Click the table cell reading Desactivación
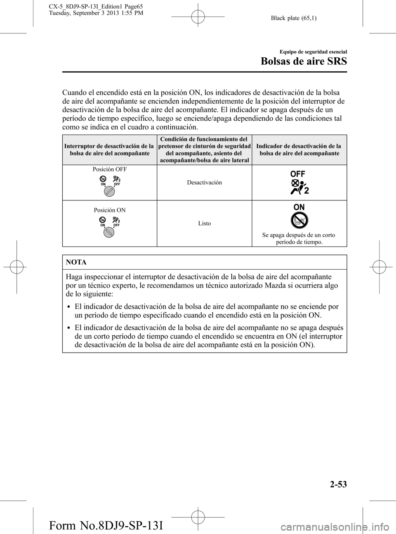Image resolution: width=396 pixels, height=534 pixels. click(204, 182)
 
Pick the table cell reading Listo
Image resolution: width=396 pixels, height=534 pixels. click(204, 223)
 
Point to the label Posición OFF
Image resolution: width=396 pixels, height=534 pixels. click(109, 169)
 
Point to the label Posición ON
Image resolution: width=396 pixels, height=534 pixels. click(109, 210)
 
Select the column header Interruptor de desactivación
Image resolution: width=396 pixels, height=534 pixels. click(109, 150)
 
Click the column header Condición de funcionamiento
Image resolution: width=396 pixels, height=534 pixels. click(204, 150)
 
